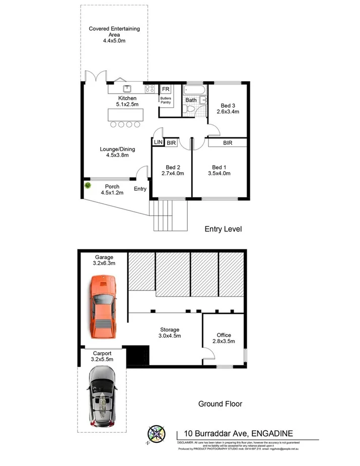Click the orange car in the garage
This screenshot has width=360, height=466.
(103, 307)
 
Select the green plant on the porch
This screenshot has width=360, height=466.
(89, 186)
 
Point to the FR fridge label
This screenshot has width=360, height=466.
(165, 90)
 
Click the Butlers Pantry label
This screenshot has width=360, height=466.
(165, 100)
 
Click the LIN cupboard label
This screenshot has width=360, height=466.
(157, 143)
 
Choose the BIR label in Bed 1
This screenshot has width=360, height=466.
(228, 143)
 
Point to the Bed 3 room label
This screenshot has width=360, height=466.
(228, 106)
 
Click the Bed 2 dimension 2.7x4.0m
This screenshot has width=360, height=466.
(172, 174)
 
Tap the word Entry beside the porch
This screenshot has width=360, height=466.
(140, 189)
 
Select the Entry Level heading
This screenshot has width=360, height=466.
(223, 229)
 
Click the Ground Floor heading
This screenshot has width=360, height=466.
(220, 404)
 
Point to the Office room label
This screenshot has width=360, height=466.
(224, 335)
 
